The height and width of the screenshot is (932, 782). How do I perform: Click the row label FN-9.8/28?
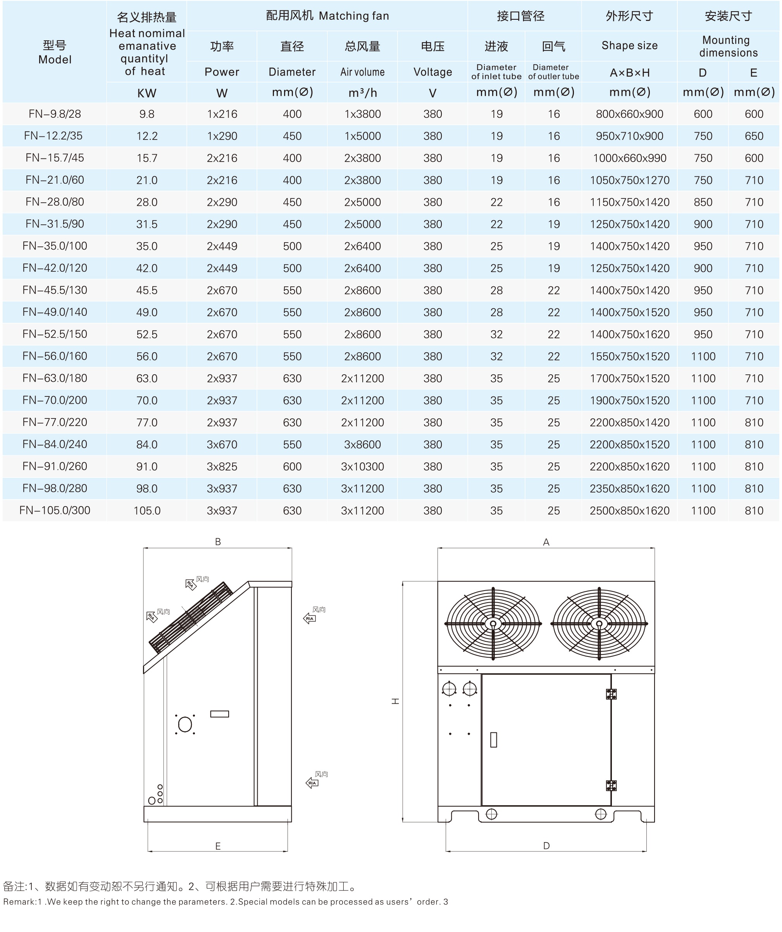click(55, 114)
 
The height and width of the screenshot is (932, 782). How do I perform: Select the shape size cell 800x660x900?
click(629, 114)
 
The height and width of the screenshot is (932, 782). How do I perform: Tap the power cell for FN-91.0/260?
click(222, 467)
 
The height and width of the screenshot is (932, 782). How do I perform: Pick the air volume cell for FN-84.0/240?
click(362, 444)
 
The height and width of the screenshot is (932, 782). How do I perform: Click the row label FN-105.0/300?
click(55, 510)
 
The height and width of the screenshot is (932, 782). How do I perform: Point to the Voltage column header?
click(432, 72)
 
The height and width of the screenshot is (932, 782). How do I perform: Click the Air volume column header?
click(362, 72)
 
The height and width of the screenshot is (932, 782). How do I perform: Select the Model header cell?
click(55, 52)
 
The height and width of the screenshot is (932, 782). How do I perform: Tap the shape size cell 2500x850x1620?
click(629, 510)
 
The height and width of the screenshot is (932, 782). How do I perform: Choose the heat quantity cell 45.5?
click(147, 290)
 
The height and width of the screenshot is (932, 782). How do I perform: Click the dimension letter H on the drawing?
click(395, 701)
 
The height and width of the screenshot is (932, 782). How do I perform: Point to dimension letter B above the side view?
click(218, 541)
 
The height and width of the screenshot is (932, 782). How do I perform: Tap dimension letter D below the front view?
click(546, 846)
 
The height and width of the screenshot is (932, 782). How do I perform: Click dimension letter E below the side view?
click(218, 846)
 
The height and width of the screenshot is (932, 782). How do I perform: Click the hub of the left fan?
click(493, 624)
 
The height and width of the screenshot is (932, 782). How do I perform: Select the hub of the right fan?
click(599, 624)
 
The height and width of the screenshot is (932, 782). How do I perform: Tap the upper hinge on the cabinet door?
click(611, 694)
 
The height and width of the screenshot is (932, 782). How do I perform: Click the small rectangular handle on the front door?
click(494, 740)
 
